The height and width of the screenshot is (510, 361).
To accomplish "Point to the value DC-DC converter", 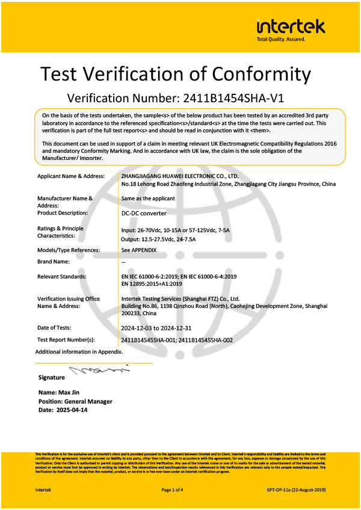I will [144, 213].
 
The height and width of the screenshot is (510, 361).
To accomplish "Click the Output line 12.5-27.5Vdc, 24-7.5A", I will [162, 239].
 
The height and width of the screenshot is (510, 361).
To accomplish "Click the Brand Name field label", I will [53, 262].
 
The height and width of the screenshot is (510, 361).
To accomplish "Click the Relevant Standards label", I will [61, 276].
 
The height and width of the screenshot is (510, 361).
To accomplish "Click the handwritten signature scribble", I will [99, 369].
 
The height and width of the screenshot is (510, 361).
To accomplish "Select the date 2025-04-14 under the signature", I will [71, 409].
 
